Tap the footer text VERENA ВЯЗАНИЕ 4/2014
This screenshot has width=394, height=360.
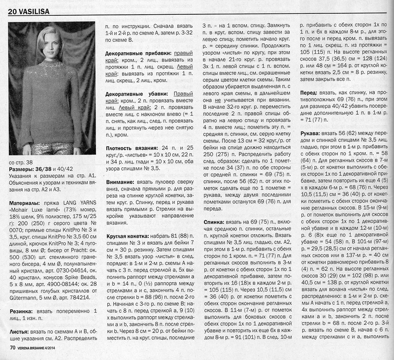click(47, 348)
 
